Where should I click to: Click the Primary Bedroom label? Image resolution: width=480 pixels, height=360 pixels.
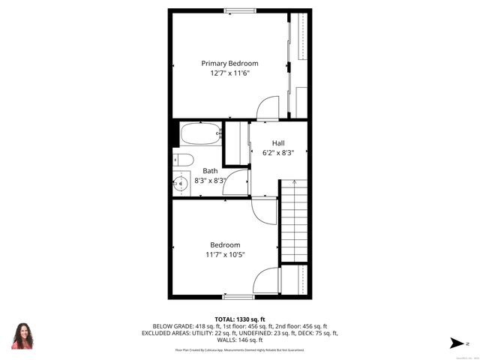[x=229, y=63]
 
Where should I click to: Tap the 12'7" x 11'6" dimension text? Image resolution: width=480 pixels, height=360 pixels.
[x=229, y=73]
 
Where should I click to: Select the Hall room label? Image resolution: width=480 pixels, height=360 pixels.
[x=278, y=142]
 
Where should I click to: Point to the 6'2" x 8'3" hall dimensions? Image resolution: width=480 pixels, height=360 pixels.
[x=278, y=152]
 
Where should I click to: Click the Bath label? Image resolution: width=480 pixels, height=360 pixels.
[x=210, y=171]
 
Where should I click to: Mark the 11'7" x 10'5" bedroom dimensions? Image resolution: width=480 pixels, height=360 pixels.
[x=225, y=255]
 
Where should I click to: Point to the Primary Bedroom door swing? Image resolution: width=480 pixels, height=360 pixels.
[x=268, y=109]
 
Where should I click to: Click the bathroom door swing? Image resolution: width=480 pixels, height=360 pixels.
[x=237, y=183]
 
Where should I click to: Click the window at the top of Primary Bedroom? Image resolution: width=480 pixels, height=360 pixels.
[x=239, y=10]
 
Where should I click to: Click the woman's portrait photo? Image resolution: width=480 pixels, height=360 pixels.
[x=22, y=335]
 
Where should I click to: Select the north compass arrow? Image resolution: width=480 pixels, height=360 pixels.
[x=455, y=343]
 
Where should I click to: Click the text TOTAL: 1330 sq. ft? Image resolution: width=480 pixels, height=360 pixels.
[x=240, y=319]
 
